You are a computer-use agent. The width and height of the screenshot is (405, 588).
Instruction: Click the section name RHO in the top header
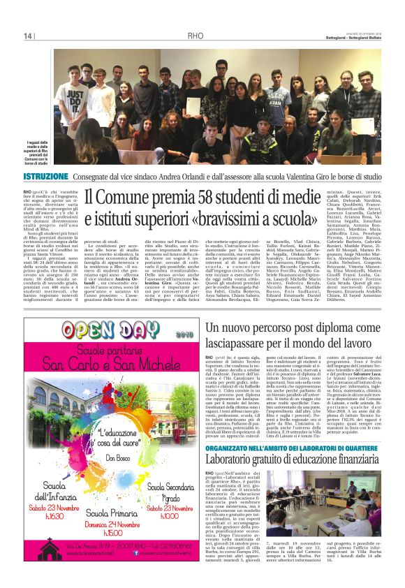point(195,36)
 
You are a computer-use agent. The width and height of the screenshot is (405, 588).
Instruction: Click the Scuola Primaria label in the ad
point(119,509)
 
